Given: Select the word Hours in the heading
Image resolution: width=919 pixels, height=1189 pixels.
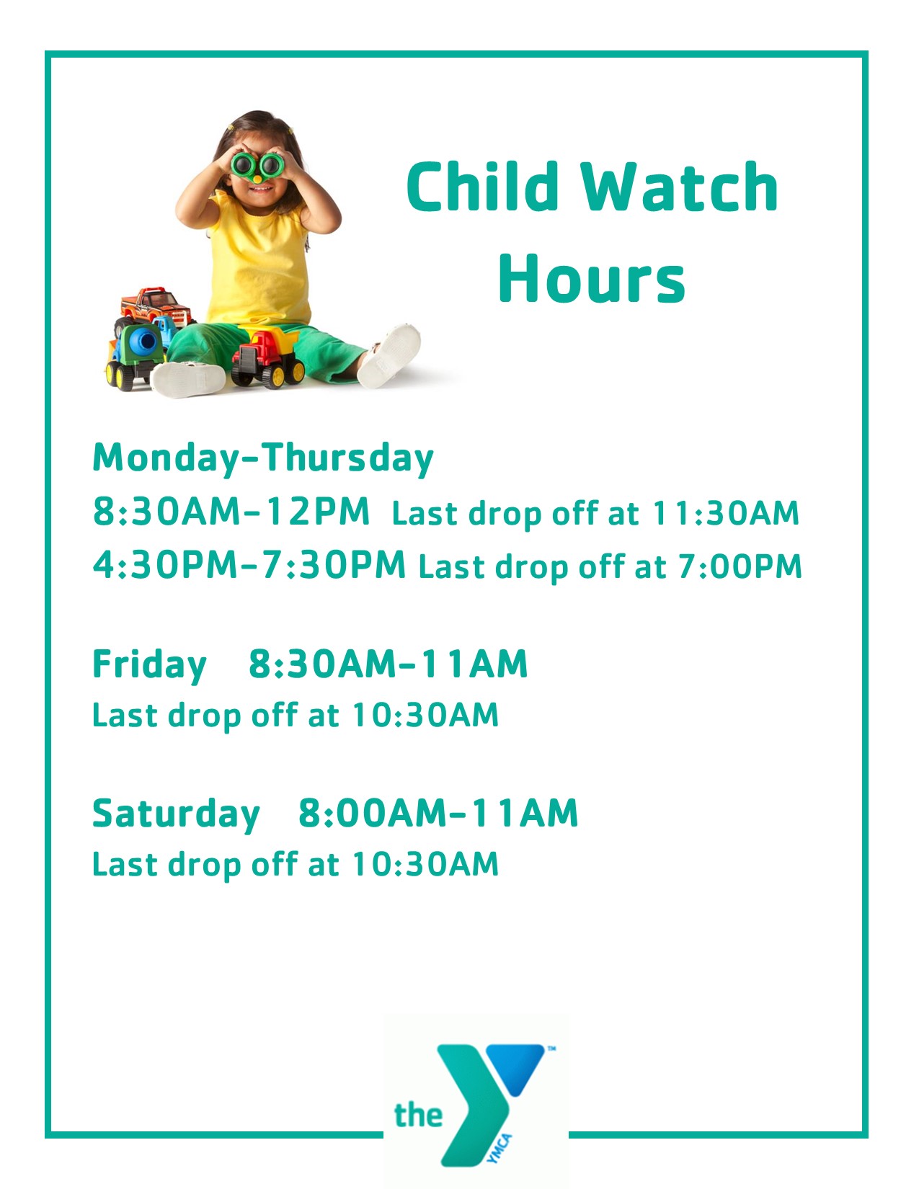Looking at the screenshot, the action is (x=592, y=278).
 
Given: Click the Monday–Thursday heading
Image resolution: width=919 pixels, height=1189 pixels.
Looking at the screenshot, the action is (x=263, y=458).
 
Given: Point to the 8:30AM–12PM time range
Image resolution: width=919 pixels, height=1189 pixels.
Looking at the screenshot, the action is (x=231, y=512).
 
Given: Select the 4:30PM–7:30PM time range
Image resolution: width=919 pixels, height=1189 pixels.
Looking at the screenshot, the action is (x=249, y=565).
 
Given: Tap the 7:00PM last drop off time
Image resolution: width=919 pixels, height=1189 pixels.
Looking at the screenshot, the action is (x=740, y=566).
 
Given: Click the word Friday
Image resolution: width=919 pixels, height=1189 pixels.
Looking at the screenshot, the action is (x=149, y=666).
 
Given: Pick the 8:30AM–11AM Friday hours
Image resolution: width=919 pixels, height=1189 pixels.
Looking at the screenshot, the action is (x=388, y=664).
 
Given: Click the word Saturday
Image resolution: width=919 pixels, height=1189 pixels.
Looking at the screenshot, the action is (x=177, y=814).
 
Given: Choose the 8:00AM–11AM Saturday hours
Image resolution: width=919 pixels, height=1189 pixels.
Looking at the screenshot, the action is (x=438, y=813).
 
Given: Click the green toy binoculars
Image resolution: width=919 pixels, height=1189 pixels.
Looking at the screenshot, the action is (x=256, y=166).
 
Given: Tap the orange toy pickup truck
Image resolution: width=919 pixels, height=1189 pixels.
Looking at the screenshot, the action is (x=156, y=306).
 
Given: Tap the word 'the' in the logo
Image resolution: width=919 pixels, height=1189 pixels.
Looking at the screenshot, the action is (x=418, y=1114).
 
